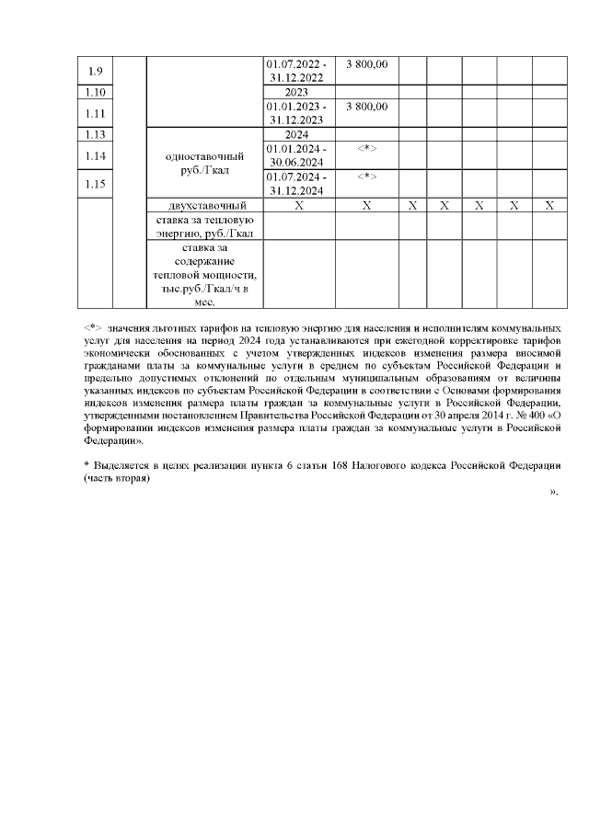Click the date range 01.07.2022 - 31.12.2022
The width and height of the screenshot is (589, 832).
[295, 71]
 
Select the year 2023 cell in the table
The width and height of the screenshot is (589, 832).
[295, 92]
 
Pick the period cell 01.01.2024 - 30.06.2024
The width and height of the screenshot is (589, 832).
[295, 155]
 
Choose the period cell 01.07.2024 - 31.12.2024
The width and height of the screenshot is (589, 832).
[295, 184]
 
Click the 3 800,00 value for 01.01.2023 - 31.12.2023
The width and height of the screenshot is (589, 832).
[366, 107]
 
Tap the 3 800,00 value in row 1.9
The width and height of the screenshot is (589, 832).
[366, 64]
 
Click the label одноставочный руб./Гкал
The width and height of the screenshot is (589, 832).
[205, 163]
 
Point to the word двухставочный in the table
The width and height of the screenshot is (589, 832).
[205, 205]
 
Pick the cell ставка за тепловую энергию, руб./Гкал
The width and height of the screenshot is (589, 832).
[205, 226]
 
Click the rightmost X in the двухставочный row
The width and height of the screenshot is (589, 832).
[549, 205]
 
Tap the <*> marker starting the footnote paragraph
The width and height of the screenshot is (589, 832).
[91, 327]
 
